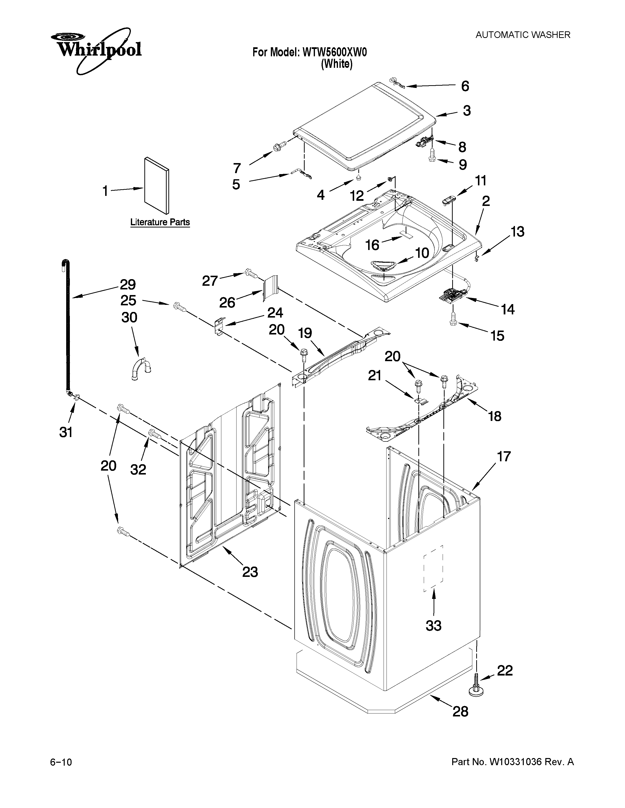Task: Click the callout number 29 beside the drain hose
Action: pos(128,285)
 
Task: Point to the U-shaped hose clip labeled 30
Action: pos(141,368)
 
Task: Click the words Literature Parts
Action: pos(160,222)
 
